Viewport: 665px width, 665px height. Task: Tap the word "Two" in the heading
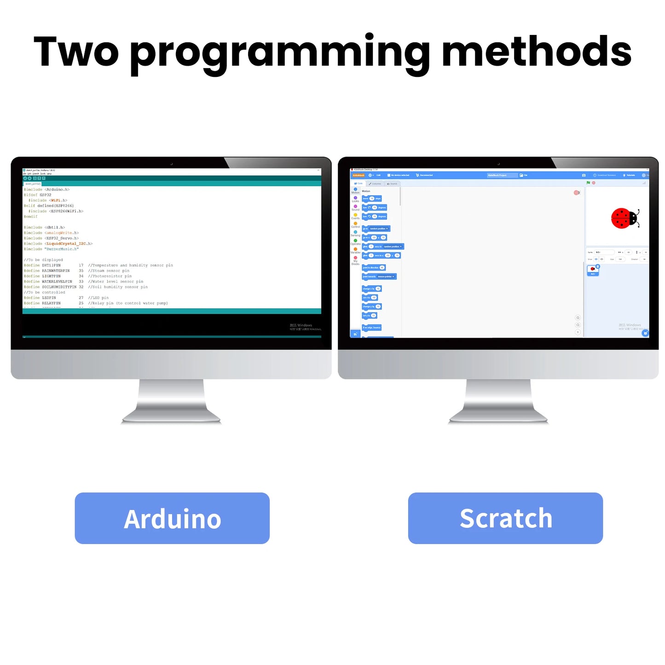click(x=76, y=52)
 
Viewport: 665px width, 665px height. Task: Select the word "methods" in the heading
click(x=536, y=52)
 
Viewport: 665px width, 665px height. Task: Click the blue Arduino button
click(x=172, y=518)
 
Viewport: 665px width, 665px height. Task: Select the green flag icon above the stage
click(x=588, y=183)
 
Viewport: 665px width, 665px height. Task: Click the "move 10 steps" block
click(x=372, y=199)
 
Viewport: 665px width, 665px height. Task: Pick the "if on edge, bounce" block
click(x=372, y=328)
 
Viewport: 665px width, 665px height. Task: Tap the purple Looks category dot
click(x=355, y=198)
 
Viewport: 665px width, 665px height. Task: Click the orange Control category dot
click(x=355, y=224)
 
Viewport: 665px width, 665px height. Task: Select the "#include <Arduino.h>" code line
click(x=47, y=190)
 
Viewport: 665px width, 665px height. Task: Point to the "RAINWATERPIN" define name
click(x=56, y=271)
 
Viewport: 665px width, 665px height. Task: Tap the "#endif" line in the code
click(x=31, y=217)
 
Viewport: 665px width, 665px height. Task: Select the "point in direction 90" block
click(x=374, y=268)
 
